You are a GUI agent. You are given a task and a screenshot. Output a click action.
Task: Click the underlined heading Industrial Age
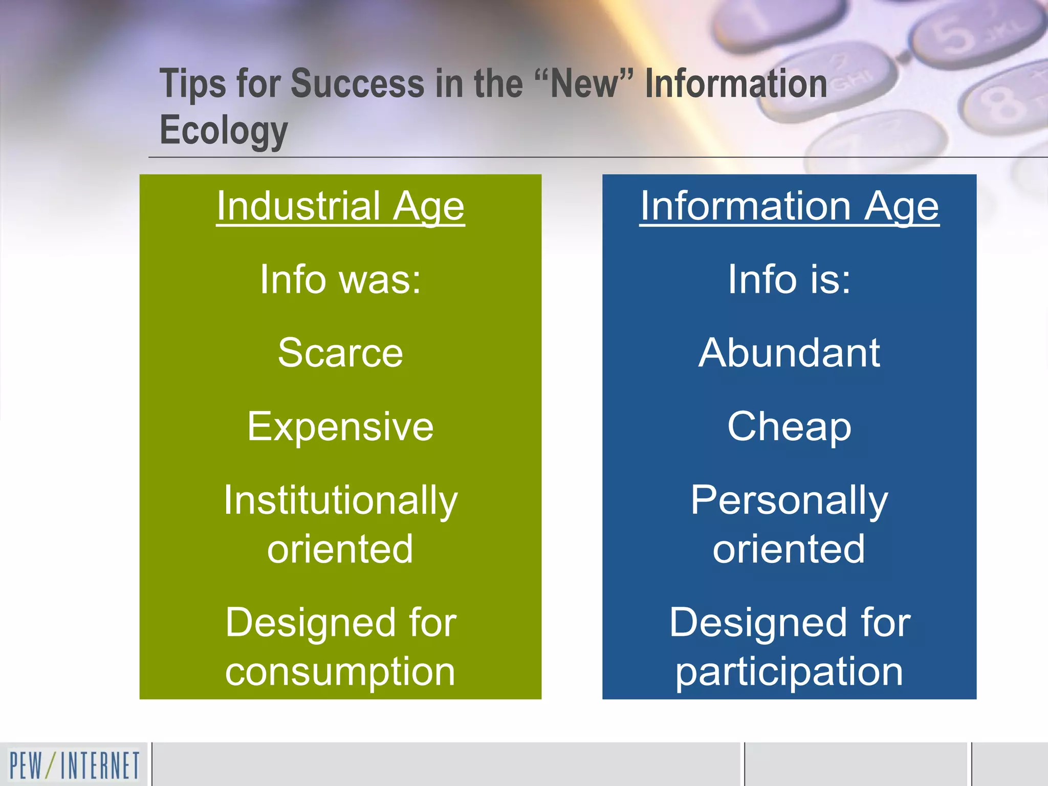point(340,206)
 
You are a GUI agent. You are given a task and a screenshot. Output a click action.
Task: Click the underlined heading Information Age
point(789,206)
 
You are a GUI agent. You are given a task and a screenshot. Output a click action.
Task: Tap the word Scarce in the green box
point(340,353)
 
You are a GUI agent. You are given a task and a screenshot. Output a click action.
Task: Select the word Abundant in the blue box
point(789,353)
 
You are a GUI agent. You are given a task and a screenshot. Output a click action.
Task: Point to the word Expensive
point(340,426)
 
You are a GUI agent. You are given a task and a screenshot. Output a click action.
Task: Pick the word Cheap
point(789,426)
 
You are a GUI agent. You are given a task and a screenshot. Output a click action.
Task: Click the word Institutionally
point(340,500)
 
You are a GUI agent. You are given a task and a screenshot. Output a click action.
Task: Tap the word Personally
point(789,500)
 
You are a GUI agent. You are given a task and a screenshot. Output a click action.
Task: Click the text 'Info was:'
point(340,279)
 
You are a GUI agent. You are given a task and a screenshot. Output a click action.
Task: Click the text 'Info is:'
point(789,279)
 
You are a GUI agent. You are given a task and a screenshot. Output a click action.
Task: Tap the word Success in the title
point(357,83)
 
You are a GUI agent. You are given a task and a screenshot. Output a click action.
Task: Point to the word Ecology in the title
point(224,130)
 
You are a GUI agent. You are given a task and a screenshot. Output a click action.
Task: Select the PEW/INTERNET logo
point(74,765)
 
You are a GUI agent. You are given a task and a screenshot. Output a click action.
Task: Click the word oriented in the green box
point(340,549)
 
